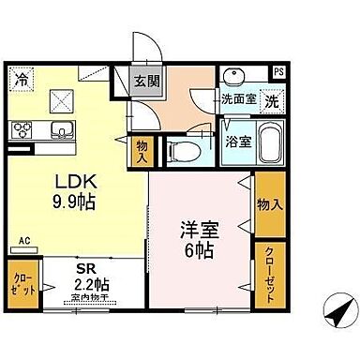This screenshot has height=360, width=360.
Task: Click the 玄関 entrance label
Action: coord(145,82)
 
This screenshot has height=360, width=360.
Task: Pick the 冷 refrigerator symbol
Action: coord(20,82)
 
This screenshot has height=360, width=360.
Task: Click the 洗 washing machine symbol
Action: coord(268,99)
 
